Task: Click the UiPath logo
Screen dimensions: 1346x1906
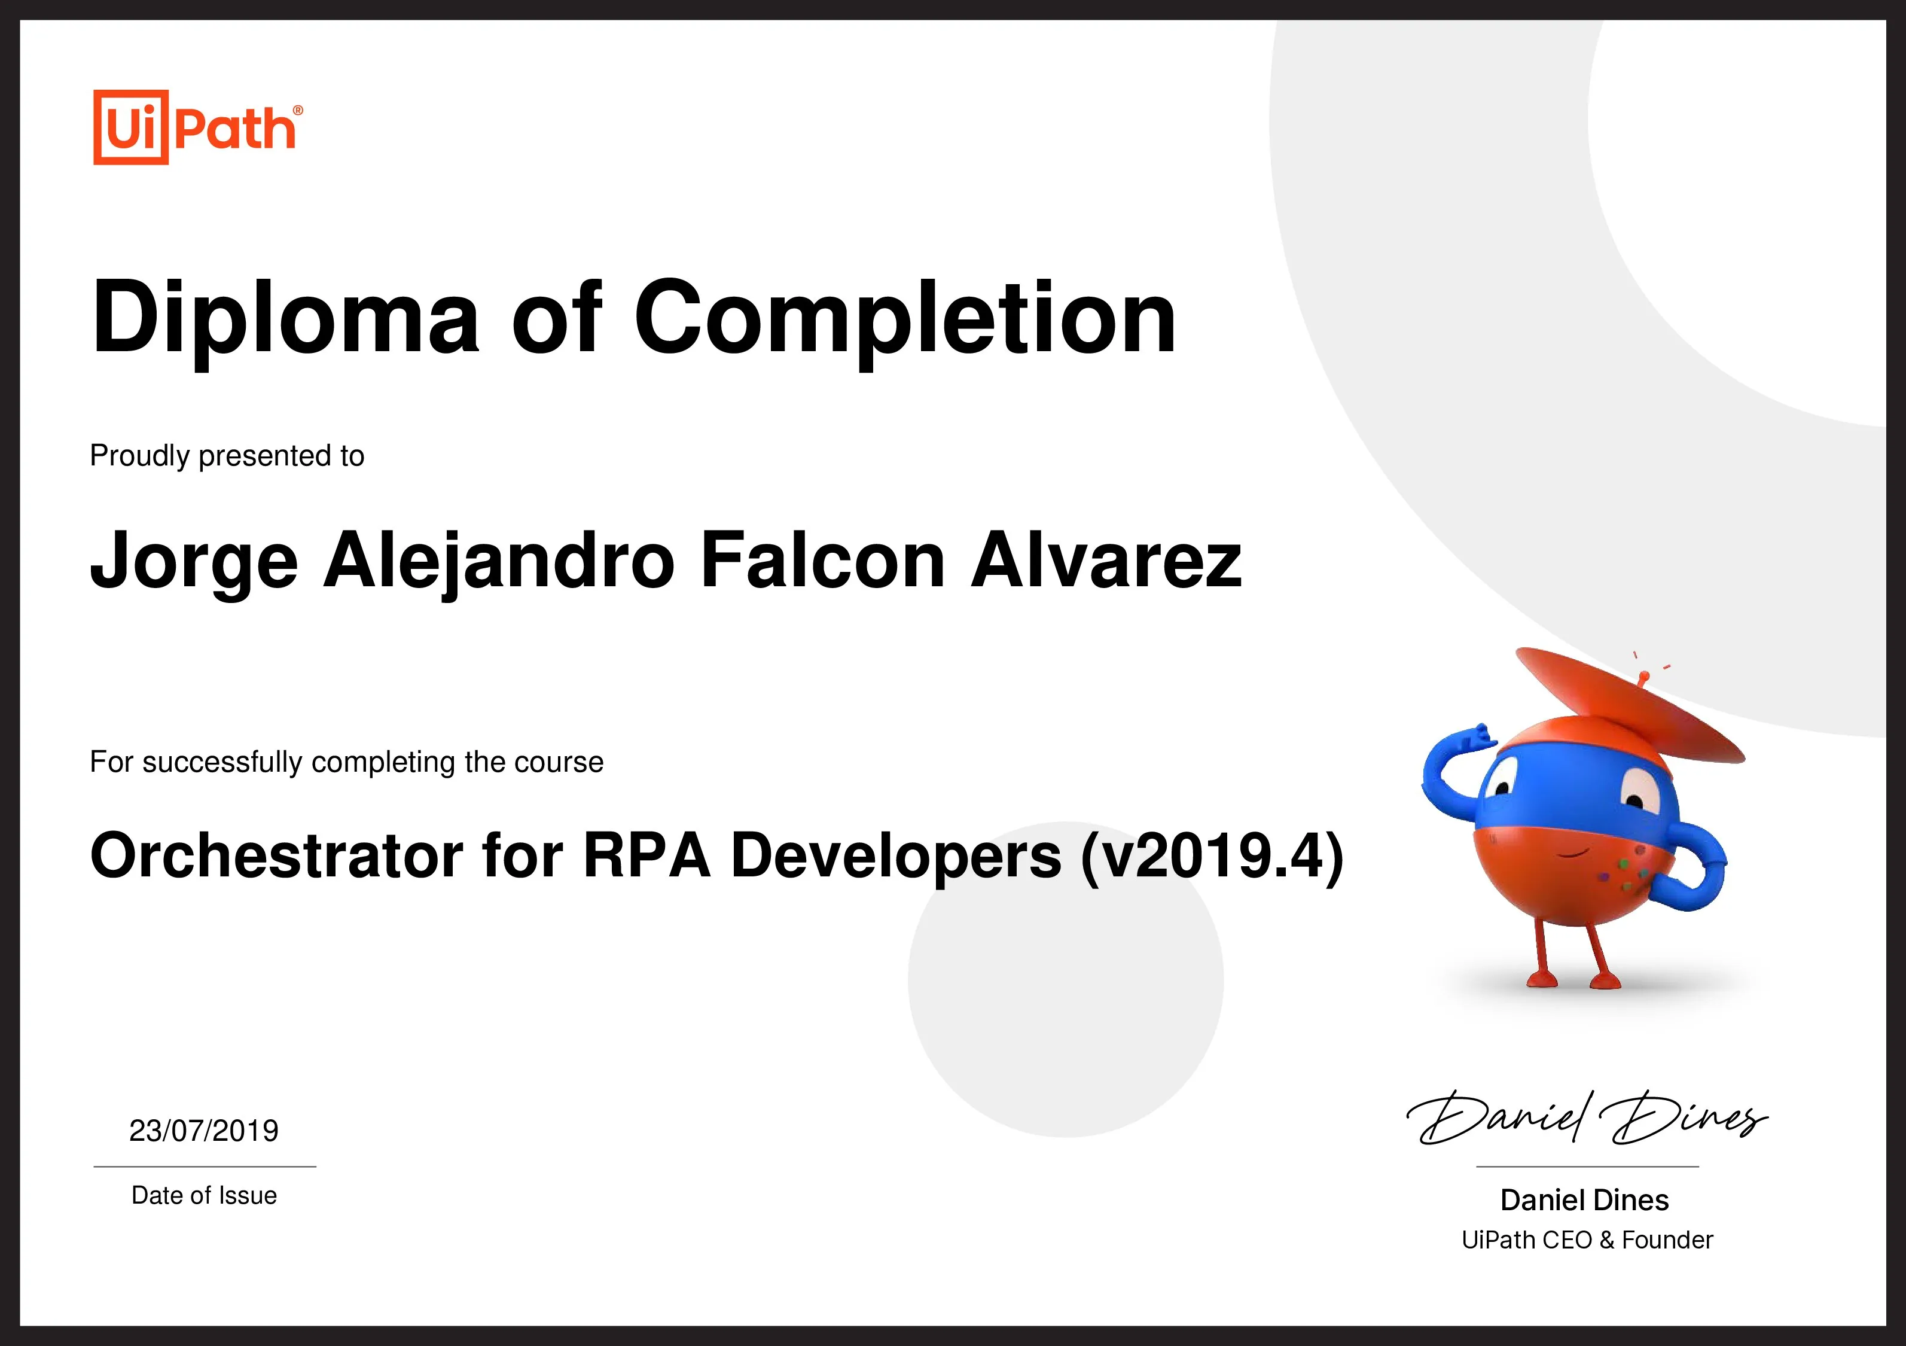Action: pyautogui.click(x=197, y=128)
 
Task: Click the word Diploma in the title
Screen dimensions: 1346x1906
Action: pyautogui.click(x=285, y=318)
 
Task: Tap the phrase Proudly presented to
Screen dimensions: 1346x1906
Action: pyautogui.click(x=227, y=456)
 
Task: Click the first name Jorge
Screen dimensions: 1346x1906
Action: pyautogui.click(x=193, y=561)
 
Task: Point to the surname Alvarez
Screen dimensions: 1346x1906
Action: pyautogui.click(x=1106, y=560)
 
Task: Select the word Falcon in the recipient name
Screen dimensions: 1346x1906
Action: pyautogui.click(x=823, y=560)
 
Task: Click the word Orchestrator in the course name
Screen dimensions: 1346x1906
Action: pyautogui.click(x=276, y=855)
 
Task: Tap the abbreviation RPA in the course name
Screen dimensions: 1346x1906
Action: pyautogui.click(x=646, y=855)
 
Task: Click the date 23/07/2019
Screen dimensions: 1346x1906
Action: pyautogui.click(x=204, y=1130)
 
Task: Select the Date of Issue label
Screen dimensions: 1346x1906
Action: pyautogui.click(x=204, y=1196)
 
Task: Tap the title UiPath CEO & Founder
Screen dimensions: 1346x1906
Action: pyautogui.click(x=1587, y=1240)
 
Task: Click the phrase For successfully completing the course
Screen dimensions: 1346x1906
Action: pyautogui.click(x=346, y=762)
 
